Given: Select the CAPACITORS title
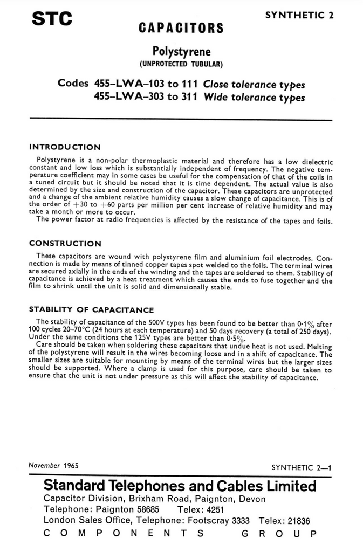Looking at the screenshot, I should (181, 28).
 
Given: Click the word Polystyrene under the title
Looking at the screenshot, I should (181, 52).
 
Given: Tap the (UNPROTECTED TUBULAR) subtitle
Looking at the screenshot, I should (181, 65).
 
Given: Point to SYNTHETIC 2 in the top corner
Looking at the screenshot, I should (299, 15).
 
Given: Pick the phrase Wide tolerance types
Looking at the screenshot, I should (255, 98).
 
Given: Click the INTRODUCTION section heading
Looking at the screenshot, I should (64, 147).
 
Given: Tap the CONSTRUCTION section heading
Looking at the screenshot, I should (65, 244).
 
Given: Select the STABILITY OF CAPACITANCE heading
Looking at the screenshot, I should (91, 310).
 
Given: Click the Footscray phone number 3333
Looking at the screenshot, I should (241, 521).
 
